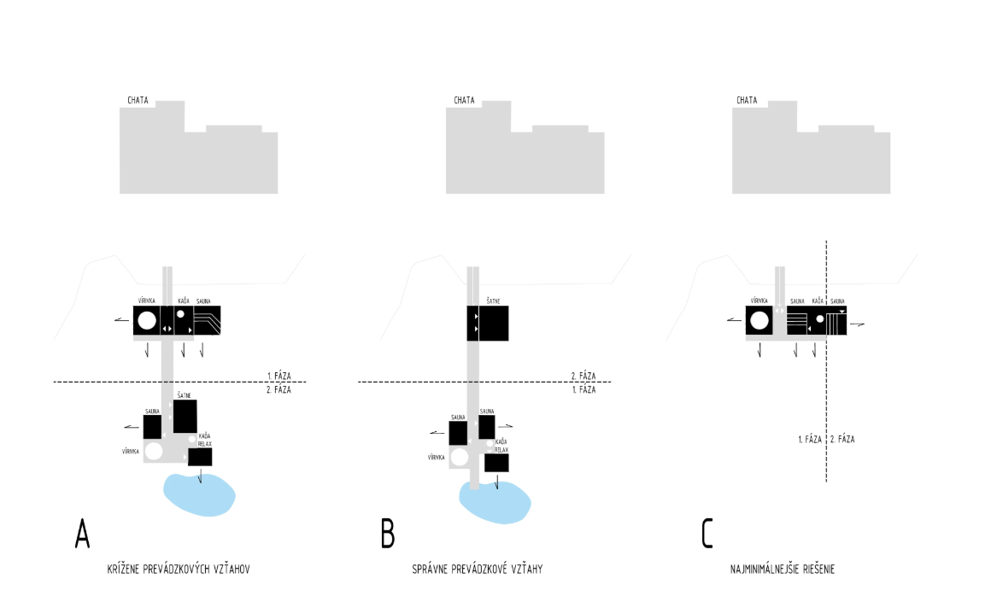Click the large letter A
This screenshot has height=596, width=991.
(x=82, y=533)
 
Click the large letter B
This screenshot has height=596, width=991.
(x=388, y=533)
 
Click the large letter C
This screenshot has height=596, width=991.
(x=707, y=533)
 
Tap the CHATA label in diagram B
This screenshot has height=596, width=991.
(x=464, y=101)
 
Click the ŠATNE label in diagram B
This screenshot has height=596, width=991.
(x=493, y=301)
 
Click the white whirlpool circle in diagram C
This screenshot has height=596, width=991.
(x=759, y=322)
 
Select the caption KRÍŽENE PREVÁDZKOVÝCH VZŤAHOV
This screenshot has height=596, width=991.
(x=178, y=568)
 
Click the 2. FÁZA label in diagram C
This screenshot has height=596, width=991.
(x=842, y=439)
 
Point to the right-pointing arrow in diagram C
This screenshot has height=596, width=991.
(x=858, y=325)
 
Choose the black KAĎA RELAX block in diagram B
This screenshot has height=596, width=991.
(x=496, y=463)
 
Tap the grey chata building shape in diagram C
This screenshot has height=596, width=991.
(x=812, y=158)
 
